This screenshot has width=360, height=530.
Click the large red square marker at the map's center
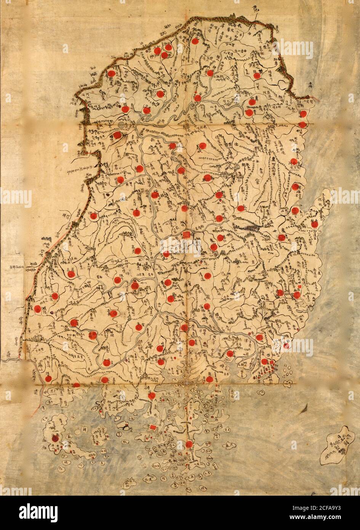pyautogui.click(x=186, y=234)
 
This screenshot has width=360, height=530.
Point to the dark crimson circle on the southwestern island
pyautogui.click(x=56, y=438)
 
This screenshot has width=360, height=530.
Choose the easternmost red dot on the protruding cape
pyautogui.click(x=314, y=224)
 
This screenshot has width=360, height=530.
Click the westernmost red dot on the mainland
pyautogui.click(x=37, y=309)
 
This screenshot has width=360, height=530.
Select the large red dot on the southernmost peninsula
pyautogui.click(x=189, y=444)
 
